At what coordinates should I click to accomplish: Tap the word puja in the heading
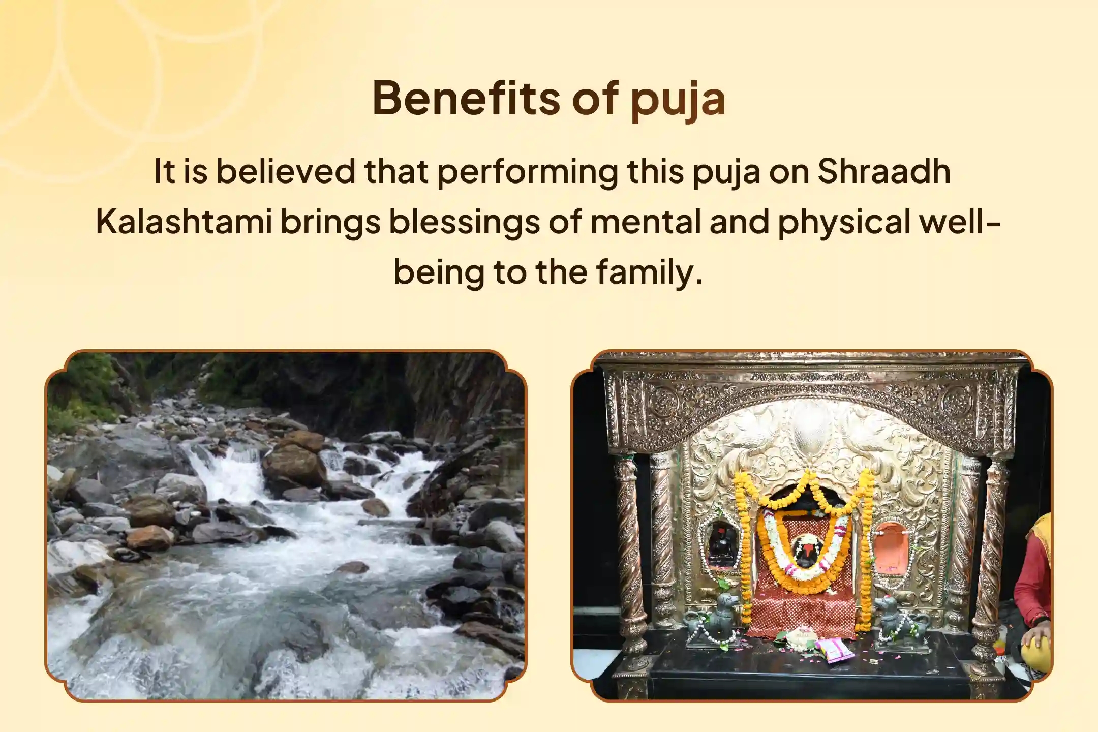[x=678, y=100]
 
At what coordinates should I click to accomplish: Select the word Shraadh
[x=883, y=171]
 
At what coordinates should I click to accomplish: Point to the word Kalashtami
[x=184, y=222]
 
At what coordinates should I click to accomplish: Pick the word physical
[x=844, y=222]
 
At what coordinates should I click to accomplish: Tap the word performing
[x=527, y=171]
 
